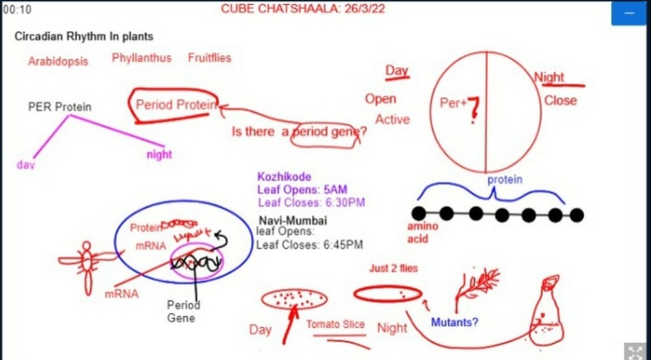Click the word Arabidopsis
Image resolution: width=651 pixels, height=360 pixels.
point(58,62)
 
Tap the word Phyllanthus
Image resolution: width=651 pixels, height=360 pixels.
point(142,58)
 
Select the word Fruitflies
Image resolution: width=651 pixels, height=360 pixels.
point(209,58)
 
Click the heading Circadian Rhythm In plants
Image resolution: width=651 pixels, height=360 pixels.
point(84,36)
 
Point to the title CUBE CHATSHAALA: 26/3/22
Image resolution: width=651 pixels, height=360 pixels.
point(303,9)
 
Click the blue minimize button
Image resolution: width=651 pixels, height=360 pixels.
point(628,13)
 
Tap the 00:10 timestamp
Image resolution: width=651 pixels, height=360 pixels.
point(17,10)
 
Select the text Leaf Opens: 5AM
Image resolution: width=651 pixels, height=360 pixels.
point(302,190)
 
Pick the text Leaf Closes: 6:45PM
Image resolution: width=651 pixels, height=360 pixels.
point(310,245)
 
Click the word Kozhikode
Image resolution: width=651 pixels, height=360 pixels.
point(284,177)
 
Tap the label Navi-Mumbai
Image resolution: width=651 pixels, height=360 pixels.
point(293,221)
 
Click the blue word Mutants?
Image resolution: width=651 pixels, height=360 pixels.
point(455,322)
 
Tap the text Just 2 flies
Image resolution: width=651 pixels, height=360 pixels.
point(394,268)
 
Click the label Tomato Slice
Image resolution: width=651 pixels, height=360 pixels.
point(336,324)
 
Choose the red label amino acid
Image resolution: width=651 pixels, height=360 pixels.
point(422,233)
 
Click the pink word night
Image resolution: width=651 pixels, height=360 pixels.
point(159,155)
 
